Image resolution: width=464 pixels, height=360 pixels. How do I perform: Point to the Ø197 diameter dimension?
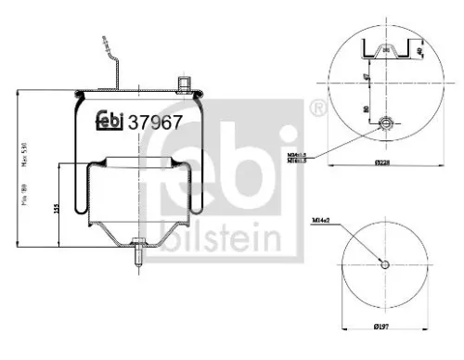[x=384, y=326]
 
